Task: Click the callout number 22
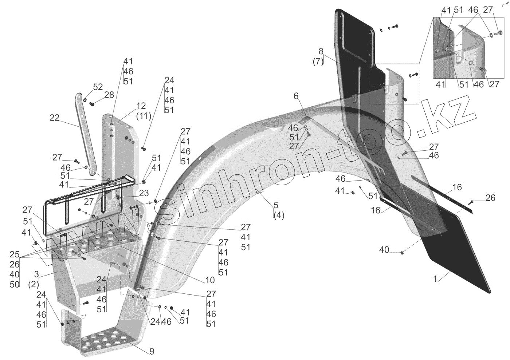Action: [x=55, y=118]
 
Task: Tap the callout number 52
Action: [x=98, y=87]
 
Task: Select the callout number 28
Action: [x=109, y=95]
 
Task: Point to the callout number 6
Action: [x=296, y=96]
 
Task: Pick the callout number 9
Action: [x=152, y=351]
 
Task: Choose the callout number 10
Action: [x=210, y=280]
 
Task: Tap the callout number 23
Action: [x=144, y=193]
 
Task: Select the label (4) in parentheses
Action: [x=279, y=215]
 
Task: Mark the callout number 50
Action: [x=14, y=284]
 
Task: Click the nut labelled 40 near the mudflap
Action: [x=401, y=252]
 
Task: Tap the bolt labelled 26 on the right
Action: [x=470, y=201]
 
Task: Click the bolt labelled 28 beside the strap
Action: [x=92, y=104]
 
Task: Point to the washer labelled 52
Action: [x=85, y=99]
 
